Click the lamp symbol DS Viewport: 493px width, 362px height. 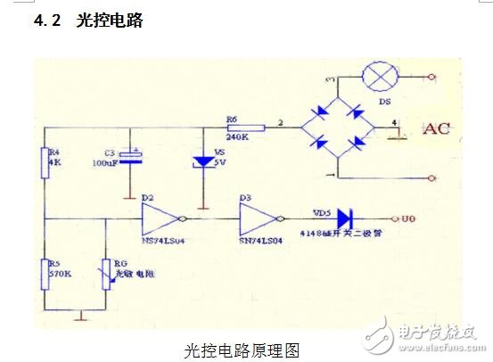point(383,78)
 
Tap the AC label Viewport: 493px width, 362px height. point(436,128)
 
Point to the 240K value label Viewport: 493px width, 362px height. point(236,137)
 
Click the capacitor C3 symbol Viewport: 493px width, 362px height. point(133,157)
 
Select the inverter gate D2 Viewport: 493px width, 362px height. point(163,216)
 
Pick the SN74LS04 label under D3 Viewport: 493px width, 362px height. point(259,240)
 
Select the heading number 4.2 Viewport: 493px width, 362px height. point(46,21)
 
